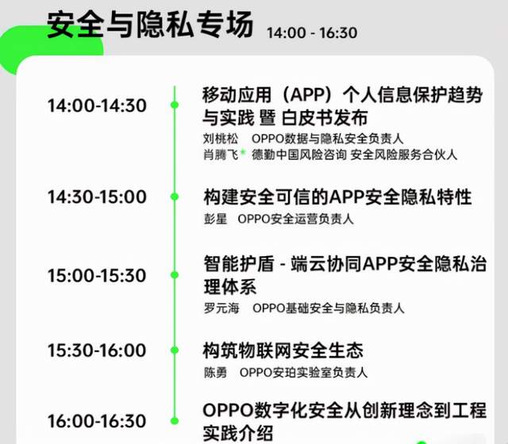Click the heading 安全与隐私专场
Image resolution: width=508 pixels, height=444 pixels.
click(x=150, y=25)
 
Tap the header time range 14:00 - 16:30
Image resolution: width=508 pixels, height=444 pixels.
click(x=312, y=33)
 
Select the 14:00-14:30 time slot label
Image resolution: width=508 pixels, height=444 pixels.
click(x=97, y=105)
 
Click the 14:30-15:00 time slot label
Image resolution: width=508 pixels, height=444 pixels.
click(x=97, y=197)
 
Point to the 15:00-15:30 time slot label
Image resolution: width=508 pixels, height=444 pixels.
click(x=97, y=275)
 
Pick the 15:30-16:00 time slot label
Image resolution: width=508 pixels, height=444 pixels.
click(x=97, y=350)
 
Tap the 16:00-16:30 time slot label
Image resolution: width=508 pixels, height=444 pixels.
click(x=97, y=421)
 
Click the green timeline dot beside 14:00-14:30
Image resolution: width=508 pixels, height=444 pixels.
click(x=175, y=105)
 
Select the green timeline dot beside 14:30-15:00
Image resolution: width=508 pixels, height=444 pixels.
click(x=175, y=197)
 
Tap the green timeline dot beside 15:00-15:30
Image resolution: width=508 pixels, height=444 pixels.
click(x=175, y=275)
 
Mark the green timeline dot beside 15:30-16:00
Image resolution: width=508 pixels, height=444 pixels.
click(x=175, y=350)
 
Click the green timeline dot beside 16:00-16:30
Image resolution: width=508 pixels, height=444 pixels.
click(x=175, y=421)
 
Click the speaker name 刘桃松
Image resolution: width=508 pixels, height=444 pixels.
click(x=221, y=139)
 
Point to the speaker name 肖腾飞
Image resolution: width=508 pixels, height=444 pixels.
click(x=221, y=155)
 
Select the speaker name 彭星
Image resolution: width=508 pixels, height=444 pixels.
click(x=215, y=219)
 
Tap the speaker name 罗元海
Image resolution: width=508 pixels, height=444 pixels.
click(x=221, y=308)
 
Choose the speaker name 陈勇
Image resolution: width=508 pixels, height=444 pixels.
click(x=215, y=373)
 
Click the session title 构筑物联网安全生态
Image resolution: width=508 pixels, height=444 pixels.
click(x=283, y=350)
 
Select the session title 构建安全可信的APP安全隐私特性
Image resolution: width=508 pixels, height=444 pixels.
click(x=337, y=197)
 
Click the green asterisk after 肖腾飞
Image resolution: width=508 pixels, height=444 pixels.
click(x=243, y=151)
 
